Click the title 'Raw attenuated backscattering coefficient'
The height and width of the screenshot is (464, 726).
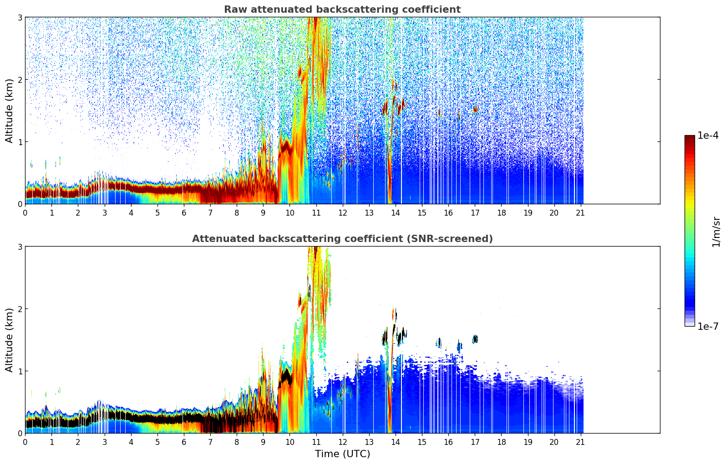(x=342, y=10)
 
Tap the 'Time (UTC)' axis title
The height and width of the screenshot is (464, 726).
(x=342, y=454)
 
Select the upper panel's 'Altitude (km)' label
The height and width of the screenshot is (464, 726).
(x=10, y=111)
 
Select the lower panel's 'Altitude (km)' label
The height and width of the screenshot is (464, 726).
(x=10, y=340)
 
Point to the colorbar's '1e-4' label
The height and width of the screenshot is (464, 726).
(x=708, y=136)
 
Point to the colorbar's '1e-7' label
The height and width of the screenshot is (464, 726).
(x=708, y=326)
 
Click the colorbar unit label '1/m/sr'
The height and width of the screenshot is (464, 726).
(x=716, y=232)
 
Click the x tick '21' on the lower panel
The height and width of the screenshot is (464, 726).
(x=580, y=442)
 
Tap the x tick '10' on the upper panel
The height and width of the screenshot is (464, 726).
(x=289, y=213)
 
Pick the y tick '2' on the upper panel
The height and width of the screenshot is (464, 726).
(x=20, y=80)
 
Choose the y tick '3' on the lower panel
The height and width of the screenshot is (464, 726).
(x=20, y=247)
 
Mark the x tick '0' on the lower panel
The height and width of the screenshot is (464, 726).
(x=25, y=442)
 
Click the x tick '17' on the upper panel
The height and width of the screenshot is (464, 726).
(x=475, y=213)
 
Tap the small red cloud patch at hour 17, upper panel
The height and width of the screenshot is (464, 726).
(x=475, y=110)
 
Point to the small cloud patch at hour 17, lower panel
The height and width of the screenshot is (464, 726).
(x=475, y=339)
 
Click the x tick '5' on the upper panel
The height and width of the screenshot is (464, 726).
(x=157, y=213)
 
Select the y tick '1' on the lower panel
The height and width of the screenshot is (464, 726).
(x=20, y=371)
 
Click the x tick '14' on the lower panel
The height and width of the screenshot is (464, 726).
(x=396, y=442)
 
